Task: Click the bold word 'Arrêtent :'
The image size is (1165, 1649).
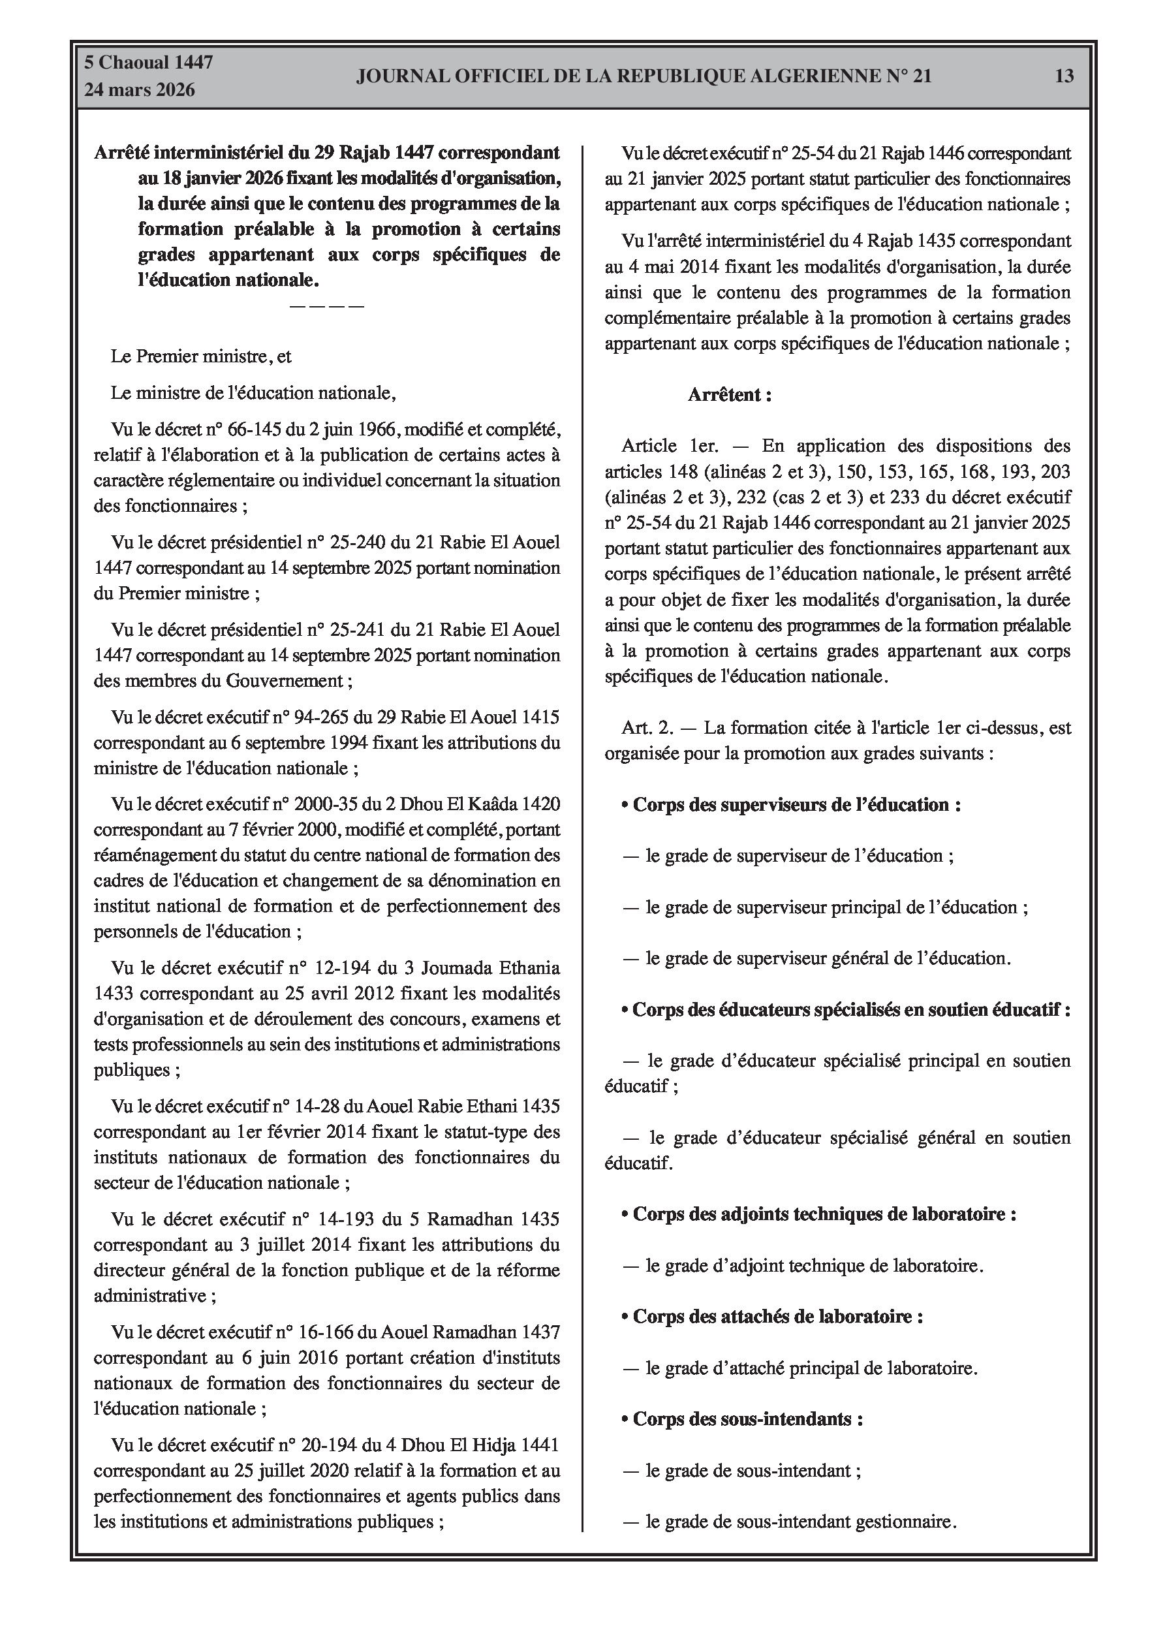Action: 730,394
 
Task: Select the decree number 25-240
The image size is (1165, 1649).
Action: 354,542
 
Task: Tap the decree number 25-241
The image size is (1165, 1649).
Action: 354,630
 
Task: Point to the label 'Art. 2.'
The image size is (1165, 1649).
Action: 647,729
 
